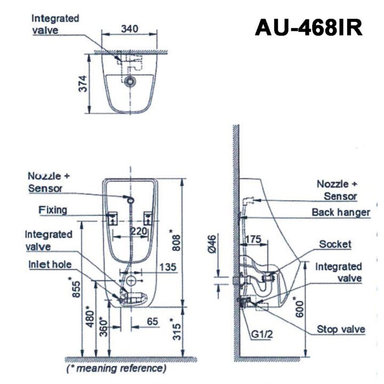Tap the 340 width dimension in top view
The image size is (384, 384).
point(130,28)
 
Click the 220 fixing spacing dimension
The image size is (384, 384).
point(138,232)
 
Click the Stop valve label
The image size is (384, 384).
point(341,329)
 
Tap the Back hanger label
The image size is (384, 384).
point(341,212)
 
